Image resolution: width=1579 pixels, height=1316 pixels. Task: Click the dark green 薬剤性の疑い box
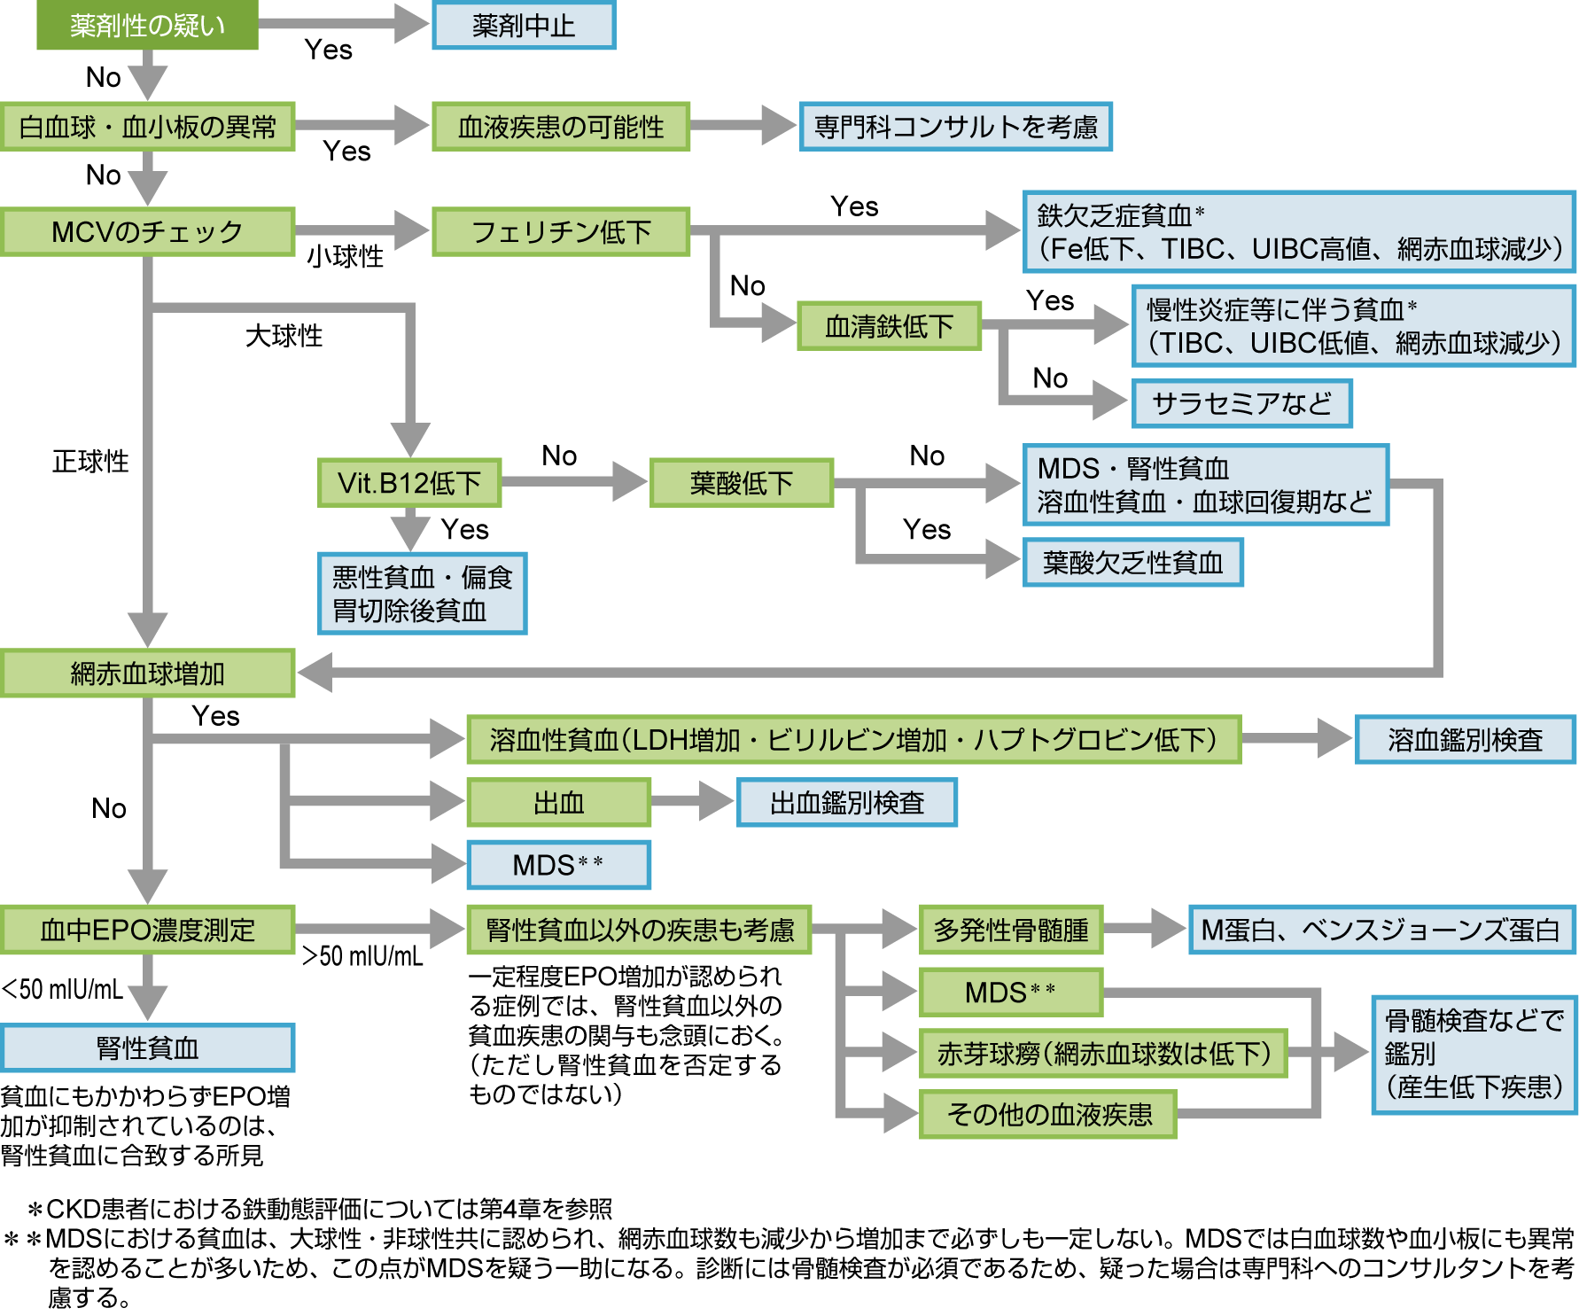coord(147,25)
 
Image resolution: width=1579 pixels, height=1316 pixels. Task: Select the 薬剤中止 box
coord(524,26)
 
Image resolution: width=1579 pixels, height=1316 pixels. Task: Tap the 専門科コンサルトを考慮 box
coord(955,127)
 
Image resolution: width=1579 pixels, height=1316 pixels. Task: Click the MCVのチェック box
coord(147,232)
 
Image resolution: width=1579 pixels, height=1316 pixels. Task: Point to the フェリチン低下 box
coord(560,232)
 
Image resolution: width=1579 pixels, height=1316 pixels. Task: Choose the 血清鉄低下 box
coord(889,326)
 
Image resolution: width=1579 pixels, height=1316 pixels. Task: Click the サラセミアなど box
coord(1241,404)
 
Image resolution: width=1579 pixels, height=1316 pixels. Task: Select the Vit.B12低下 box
coord(409,483)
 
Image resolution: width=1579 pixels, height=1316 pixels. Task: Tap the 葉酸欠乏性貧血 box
coord(1132,563)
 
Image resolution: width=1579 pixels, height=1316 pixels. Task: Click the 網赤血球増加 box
coord(147,674)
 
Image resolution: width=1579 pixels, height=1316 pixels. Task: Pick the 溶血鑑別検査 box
coord(1465,740)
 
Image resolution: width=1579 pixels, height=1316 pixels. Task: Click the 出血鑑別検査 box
coord(846,803)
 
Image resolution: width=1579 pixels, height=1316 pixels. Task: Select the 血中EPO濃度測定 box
coord(147,930)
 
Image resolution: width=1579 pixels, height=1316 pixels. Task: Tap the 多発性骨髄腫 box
coord(1010,930)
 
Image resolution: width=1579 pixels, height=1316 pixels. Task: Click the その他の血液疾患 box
coord(1048,1114)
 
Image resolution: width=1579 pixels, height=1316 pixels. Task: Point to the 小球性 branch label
coord(345,257)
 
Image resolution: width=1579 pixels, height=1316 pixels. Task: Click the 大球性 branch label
coord(284,336)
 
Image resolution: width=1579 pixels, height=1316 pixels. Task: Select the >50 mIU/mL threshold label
coord(362,956)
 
